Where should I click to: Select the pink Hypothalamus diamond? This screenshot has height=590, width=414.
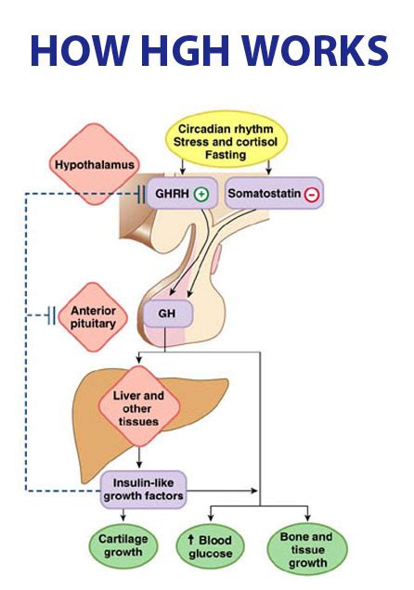coord(94,165)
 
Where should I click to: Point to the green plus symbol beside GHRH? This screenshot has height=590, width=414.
coord(201,195)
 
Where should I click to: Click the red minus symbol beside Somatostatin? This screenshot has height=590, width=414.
coord(311,195)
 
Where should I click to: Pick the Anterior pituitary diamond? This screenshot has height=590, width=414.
coord(94,316)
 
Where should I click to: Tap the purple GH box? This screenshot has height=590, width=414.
coord(167,314)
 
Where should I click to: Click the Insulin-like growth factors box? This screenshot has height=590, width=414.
coord(149,488)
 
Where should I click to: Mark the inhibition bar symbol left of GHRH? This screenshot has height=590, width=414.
coord(140,195)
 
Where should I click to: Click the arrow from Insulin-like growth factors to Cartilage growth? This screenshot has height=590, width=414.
coord(123,517)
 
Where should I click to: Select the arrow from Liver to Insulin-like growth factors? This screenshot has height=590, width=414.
coord(137,458)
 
